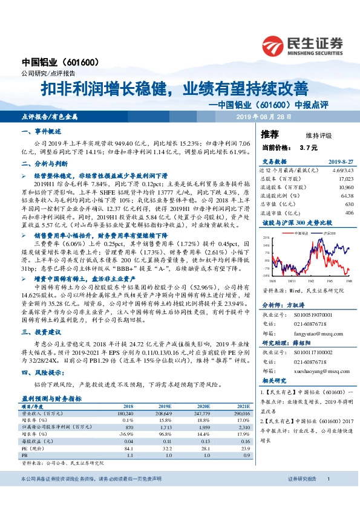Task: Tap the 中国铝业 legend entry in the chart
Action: tap(294, 232)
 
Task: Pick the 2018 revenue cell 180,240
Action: tap(124, 395)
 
